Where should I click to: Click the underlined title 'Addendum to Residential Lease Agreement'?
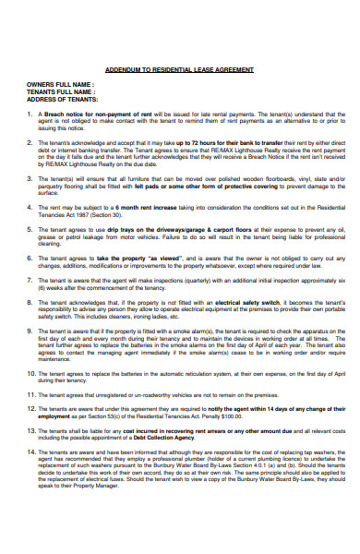(179, 70)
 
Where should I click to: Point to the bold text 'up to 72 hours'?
(184, 144)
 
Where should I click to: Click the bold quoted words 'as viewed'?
(161, 258)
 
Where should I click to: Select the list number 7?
(30, 279)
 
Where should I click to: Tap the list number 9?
(30, 330)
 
